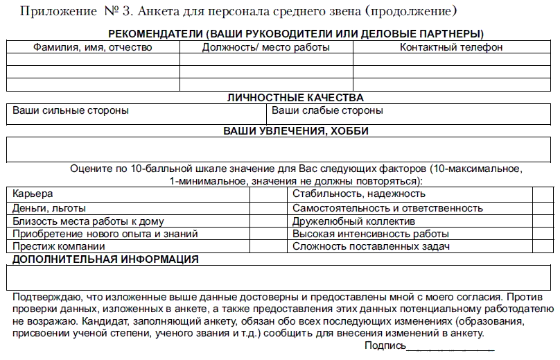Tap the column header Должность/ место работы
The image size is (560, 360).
266,47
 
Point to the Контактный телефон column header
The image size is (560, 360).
451,47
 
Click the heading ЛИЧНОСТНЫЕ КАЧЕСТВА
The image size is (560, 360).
295,98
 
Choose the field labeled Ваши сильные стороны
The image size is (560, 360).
71,110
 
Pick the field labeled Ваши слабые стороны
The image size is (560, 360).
327,110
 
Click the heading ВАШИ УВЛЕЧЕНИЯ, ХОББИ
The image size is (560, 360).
295,130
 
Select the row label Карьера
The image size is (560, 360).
33,194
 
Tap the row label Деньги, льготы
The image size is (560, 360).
49,208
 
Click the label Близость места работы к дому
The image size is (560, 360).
88,221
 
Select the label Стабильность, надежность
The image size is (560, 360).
359,194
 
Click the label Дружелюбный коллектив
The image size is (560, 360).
353,221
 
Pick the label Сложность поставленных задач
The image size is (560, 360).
371,246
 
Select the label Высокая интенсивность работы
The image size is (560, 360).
371,234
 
